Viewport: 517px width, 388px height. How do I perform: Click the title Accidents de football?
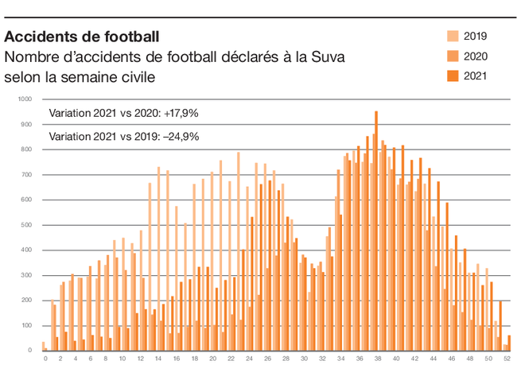pos(82,37)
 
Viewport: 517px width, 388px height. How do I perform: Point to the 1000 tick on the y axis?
pos(25,99)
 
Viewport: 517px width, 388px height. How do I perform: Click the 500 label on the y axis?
pos(26,225)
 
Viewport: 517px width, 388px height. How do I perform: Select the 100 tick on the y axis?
pos(26,325)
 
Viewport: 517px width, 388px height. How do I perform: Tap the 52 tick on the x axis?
pos(506,359)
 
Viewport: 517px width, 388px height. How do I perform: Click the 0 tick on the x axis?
pos(45,359)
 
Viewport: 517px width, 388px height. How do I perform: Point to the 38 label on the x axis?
pos(377,359)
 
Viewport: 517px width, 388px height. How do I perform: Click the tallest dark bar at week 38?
pos(376,231)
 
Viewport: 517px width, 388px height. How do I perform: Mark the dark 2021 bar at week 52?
pos(509,343)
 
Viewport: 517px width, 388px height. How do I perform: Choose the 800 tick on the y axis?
pos(26,149)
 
